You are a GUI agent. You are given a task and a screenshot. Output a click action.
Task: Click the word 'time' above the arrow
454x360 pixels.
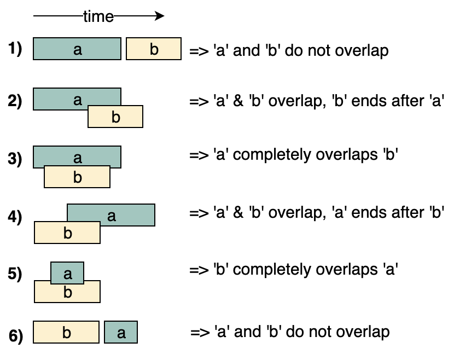click(98, 16)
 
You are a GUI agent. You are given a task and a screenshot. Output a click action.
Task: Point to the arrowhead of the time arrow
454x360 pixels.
click(160, 16)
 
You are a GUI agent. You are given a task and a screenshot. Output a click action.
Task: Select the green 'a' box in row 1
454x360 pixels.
click(77, 49)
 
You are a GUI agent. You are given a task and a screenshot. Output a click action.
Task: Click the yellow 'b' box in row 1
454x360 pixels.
click(154, 49)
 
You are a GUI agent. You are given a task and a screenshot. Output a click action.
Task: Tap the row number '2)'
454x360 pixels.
click(15, 101)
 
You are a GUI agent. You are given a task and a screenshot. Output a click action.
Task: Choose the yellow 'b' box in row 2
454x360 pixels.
click(115, 117)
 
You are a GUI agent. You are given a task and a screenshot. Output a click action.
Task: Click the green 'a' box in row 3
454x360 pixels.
click(77, 156)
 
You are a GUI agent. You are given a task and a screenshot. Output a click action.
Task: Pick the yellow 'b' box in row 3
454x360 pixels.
click(77, 177)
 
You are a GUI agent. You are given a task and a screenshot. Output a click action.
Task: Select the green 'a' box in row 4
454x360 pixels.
click(111, 215)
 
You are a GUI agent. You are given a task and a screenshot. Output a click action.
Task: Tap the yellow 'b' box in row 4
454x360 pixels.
click(67, 233)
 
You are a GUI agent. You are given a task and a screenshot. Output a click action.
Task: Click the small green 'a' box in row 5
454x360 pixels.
click(67, 273)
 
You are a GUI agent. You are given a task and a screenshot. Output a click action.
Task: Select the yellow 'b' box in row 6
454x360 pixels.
click(66, 332)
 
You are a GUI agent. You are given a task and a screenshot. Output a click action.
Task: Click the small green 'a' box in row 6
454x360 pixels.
click(121, 332)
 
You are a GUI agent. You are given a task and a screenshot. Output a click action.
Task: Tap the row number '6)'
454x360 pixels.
click(16, 336)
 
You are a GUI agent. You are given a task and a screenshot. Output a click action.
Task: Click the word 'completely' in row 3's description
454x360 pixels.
click(272, 155)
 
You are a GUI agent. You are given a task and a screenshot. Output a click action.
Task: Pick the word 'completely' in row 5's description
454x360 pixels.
click(272, 270)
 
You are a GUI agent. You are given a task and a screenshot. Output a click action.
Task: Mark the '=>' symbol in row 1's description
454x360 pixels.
click(199, 51)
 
